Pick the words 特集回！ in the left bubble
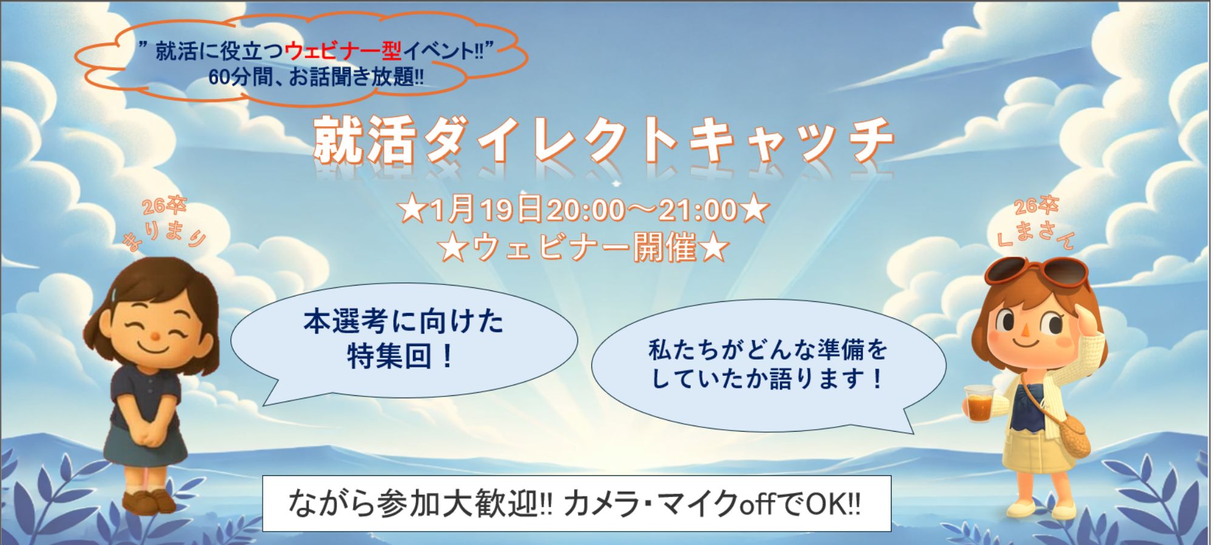(401, 356)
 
